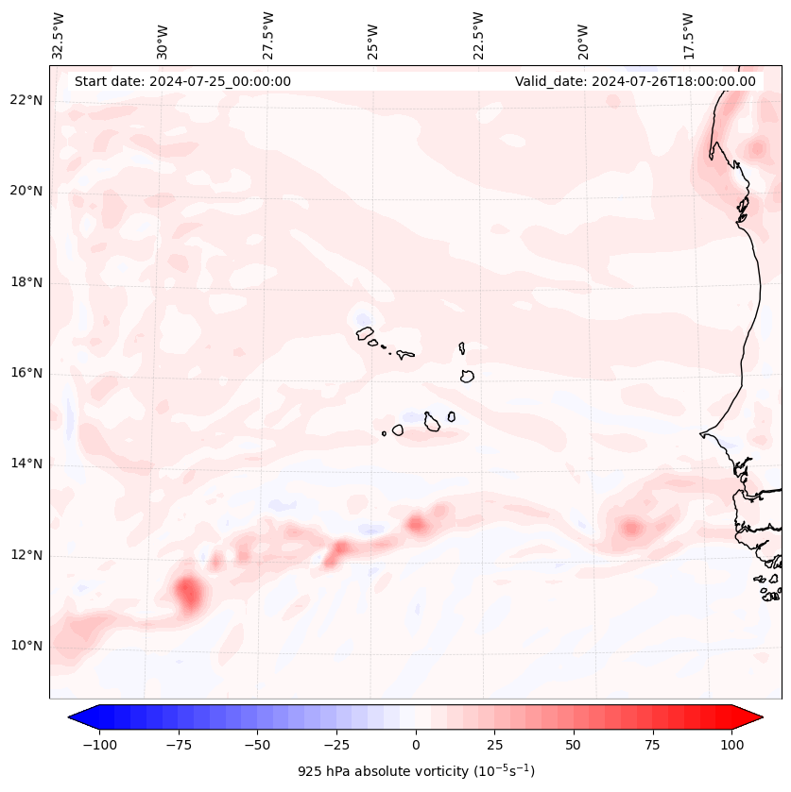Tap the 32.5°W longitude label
point(60,35)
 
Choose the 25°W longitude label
point(374,35)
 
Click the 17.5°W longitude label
point(688,35)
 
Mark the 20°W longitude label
point(583,35)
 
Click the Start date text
point(182,81)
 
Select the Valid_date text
point(635,81)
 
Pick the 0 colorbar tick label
point(416,745)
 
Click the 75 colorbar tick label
point(652,745)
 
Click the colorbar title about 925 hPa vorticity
point(416,771)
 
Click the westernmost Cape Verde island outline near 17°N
point(365,333)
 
